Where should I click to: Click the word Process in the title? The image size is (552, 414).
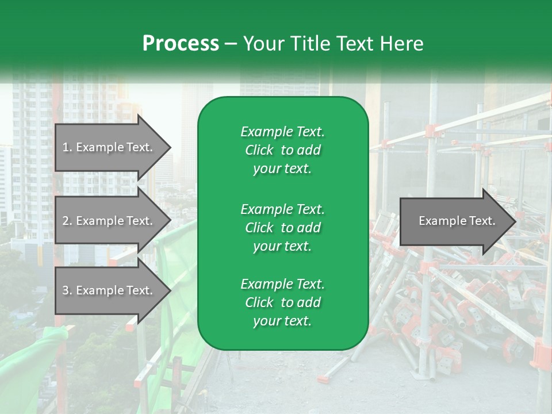(181, 44)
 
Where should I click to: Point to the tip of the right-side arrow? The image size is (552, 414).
(515, 221)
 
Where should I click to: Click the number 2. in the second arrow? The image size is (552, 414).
(67, 221)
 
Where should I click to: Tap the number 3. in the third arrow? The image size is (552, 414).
(67, 290)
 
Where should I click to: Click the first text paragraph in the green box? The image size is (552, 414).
(282, 150)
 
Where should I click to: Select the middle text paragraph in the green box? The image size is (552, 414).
(282, 227)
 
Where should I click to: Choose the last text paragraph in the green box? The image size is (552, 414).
(282, 302)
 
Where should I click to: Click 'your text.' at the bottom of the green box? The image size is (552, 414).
(282, 321)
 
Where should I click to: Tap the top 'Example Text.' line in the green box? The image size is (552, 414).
(282, 132)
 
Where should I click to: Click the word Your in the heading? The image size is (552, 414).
(262, 44)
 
